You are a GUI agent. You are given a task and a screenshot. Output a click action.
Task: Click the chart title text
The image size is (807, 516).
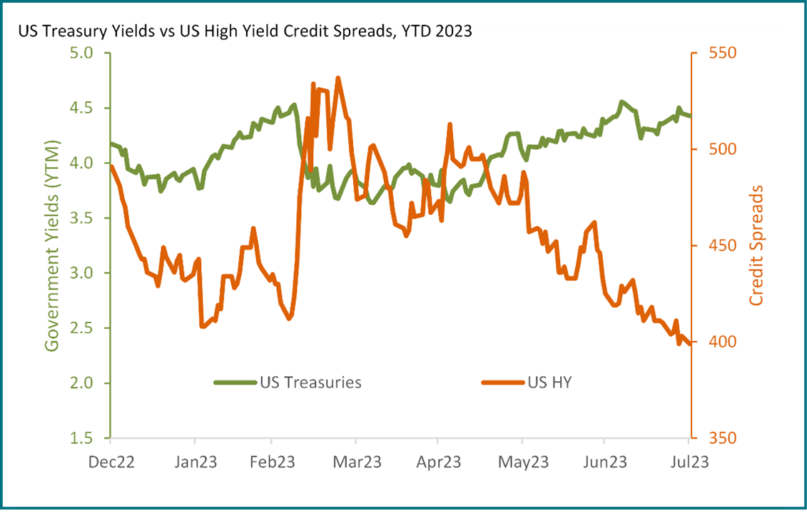245,31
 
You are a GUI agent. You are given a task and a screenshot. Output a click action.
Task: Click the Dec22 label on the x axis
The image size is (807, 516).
111,462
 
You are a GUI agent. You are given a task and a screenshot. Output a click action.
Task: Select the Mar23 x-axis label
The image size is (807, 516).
357,462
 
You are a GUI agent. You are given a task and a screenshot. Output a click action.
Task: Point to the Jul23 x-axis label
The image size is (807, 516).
688,462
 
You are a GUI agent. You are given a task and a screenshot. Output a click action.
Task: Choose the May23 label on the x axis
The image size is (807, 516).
523,462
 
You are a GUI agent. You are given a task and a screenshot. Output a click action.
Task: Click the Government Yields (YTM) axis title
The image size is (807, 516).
52,246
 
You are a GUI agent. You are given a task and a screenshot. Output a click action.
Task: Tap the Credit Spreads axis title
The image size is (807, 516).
756,246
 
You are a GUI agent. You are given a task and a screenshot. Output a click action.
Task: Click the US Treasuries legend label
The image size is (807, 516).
310,383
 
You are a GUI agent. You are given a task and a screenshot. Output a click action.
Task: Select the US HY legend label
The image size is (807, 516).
549,383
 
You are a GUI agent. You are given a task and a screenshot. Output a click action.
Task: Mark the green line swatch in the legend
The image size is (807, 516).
235,383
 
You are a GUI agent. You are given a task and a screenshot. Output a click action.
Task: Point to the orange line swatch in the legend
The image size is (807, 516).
503,383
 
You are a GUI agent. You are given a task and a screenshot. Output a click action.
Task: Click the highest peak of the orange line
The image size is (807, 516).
338,79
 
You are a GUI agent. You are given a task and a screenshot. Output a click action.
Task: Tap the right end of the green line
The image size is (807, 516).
690,116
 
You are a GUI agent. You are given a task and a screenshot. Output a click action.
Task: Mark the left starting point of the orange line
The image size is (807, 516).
112,166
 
